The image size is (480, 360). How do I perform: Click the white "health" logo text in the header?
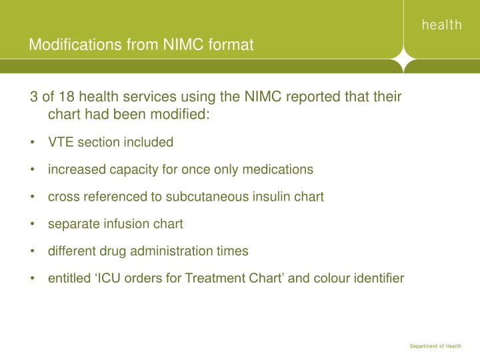click(x=441, y=25)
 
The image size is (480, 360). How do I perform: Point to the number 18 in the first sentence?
click(x=65, y=97)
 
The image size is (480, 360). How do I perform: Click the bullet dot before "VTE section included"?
click(x=33, y=143)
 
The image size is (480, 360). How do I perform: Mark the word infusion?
click(x=125, y=224)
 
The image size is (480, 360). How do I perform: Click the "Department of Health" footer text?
click(x=434, y=345)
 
